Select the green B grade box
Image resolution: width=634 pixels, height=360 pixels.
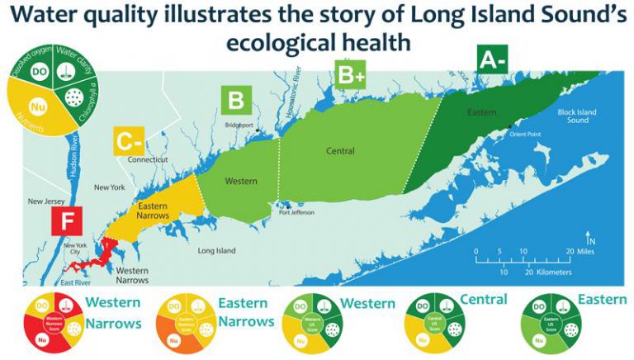click(235, 102)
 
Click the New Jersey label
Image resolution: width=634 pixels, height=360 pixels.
click(47, 201)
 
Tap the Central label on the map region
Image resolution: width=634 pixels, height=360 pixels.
click(339, 151)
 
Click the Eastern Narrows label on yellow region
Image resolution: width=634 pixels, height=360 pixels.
click(152, 211)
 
